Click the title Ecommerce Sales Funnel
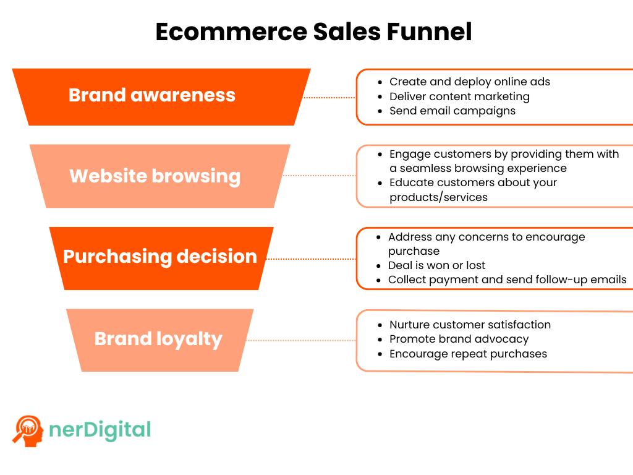coord(313,32)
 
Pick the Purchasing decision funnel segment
coord(160,257)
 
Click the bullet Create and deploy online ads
coord(469,82)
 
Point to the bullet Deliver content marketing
coord(459,96)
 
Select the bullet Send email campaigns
coord(452,111)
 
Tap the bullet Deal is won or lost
coord(436,265)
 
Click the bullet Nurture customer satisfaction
coord(470,325)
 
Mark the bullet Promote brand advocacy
coord(459,339)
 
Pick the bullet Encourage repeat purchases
coord(468,354)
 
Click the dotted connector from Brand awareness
coord(329,98)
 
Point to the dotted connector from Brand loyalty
coord(301,340)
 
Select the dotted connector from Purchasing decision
coord(311,259)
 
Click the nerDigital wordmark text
coord(99,429)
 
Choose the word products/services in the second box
coord(438,197)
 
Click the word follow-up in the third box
coord(569,280)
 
